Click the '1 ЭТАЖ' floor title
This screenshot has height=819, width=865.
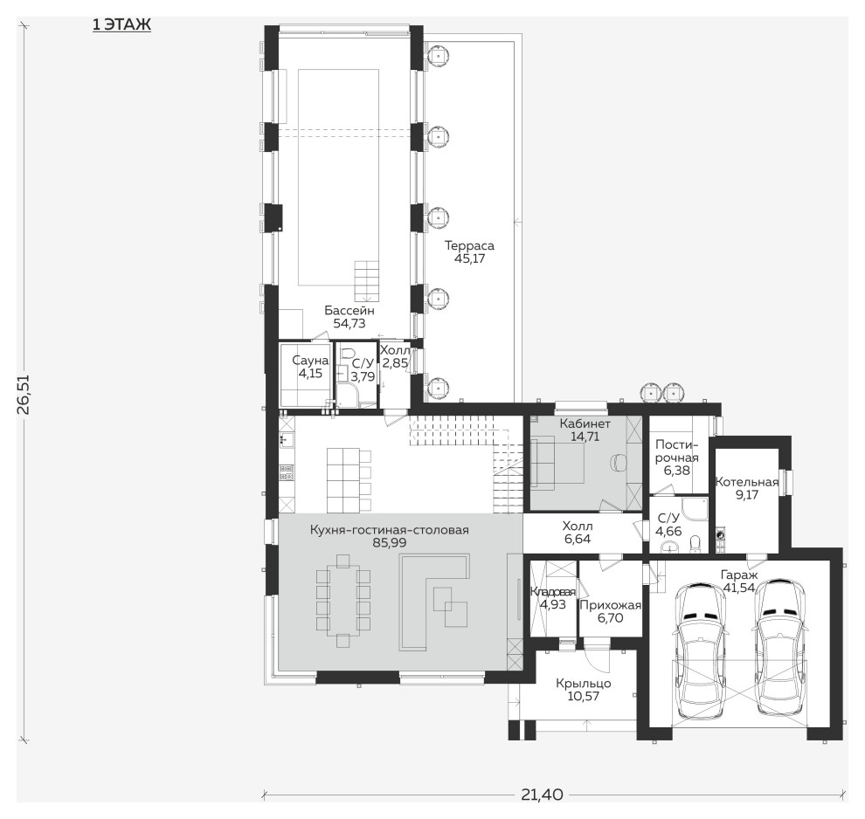(121, 24)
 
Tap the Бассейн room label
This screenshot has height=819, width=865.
(349, 310)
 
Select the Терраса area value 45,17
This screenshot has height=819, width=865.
(469, 258)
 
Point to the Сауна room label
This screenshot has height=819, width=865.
(310, 361)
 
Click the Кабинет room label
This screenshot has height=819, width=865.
(585, 423)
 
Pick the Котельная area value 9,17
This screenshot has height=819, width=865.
(747, 494)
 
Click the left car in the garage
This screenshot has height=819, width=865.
(698, 650)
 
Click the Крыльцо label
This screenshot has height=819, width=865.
(584, 684)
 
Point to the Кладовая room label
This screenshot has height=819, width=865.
(553, 592)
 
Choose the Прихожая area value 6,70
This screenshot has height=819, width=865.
(610, 618)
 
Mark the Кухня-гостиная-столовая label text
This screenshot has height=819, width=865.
(390, 530)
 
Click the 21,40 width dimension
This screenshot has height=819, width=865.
(542, 795)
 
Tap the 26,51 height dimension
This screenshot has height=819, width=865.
(24, 395)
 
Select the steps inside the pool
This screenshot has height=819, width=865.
(367, 281)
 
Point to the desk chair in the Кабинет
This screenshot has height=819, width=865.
(619, 462)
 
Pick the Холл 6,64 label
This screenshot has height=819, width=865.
(578, 533)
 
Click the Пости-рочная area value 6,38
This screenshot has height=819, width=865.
(677, 471)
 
